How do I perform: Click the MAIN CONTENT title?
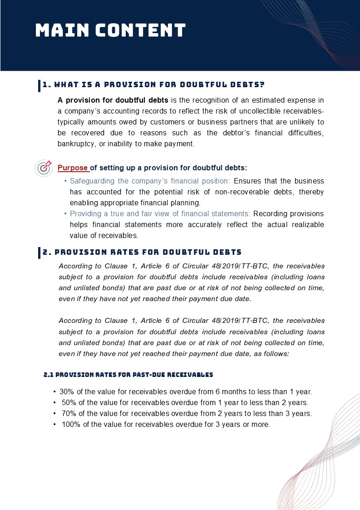(x=110, y=30)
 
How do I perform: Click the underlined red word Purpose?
(x=73, y=168)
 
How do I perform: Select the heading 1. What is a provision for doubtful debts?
(x=153, y=85)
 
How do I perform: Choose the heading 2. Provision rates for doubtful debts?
(x=142, y=252)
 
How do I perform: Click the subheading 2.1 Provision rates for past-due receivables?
(x=128, y=375)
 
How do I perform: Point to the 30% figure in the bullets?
(x=66, y=391)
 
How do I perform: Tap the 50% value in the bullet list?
(x=69, y=402)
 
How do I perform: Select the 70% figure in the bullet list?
(x=69, y=414)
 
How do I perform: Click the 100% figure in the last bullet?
(x=70, y=425)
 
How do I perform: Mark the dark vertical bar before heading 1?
(x=39, y=86)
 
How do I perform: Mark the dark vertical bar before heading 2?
(x=39, y=253)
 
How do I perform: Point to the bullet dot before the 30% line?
(x=54, y=391)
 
